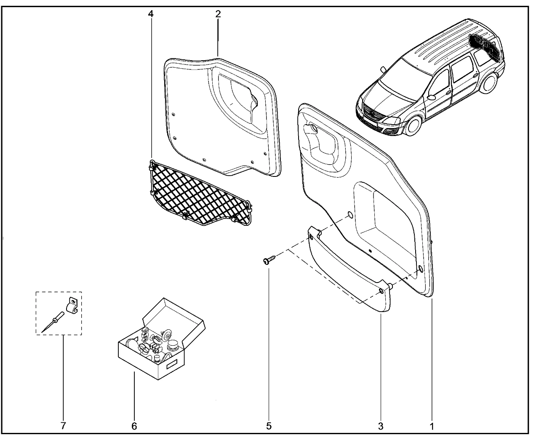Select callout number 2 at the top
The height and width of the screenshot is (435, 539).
[x=218, y=14]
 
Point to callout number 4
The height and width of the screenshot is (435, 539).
[x=151, y=14]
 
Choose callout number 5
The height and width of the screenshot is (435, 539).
[x=269, y=426]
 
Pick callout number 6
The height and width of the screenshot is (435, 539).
[x=134, y=426]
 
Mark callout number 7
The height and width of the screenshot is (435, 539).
[x=63, y=426]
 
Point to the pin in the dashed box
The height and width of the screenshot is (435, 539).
[x=53, y=321]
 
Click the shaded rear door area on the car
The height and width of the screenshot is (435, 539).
[x=486, y=44]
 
